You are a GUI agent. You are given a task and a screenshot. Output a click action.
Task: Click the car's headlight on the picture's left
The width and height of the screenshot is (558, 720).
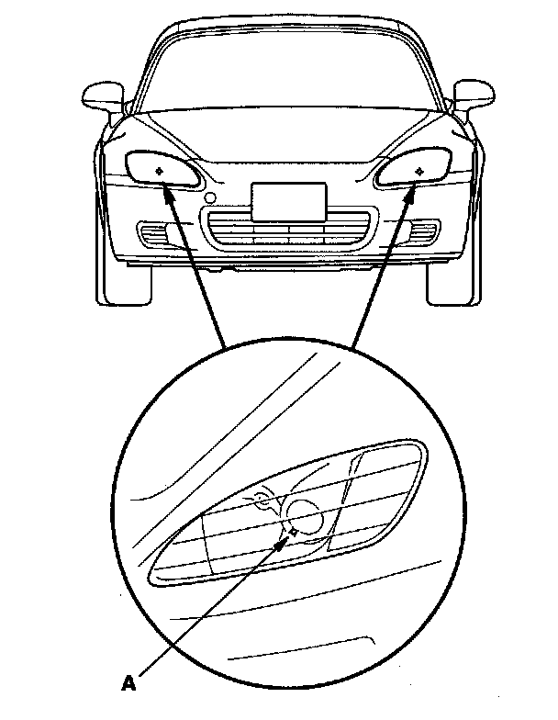click(x=162, y=170)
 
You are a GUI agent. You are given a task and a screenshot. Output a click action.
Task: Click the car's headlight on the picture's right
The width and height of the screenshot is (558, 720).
click(x=412, y=169)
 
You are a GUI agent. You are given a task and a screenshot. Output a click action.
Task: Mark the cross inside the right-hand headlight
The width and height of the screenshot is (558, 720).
click(x=418, y=170)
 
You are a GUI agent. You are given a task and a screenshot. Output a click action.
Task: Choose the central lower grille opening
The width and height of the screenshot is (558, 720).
click(x=288, y=231)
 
